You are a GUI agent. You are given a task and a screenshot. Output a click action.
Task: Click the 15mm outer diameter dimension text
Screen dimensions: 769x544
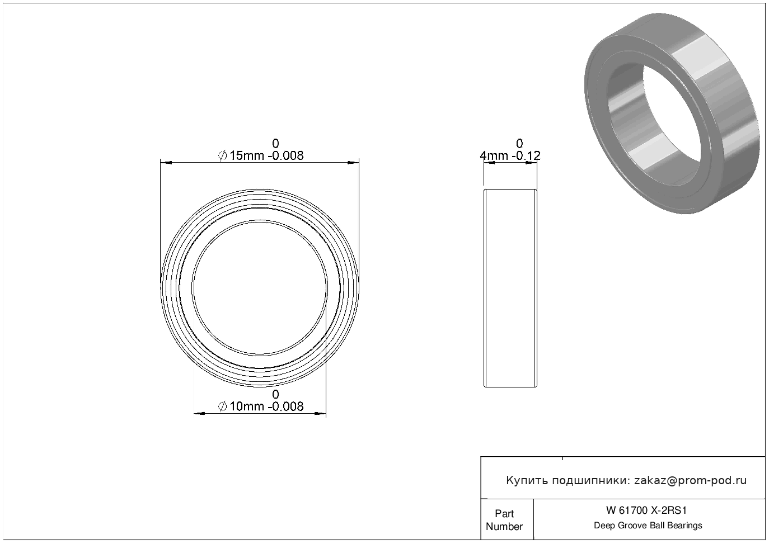coord(261,156)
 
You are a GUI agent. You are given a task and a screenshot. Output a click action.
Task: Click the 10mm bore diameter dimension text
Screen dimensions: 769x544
coord(261,406)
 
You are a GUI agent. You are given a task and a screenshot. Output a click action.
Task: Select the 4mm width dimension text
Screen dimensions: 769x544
coord(510,156)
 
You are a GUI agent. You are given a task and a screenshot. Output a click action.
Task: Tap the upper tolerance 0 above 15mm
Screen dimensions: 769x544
coord(275,143)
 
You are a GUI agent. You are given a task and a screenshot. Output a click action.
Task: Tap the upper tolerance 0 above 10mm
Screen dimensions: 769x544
coord(275,394)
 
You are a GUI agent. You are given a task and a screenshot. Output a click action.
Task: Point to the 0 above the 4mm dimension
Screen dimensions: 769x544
coord(519,143)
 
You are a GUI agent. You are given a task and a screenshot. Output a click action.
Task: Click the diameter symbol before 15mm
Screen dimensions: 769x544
coord(222,156)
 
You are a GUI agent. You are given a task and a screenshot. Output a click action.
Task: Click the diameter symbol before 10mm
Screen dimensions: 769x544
coord(222,407)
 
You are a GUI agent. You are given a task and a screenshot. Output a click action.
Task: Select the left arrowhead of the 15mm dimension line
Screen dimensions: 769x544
coord(166,163)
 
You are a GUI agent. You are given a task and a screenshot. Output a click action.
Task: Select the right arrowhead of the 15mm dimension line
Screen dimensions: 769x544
coord(353,163)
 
